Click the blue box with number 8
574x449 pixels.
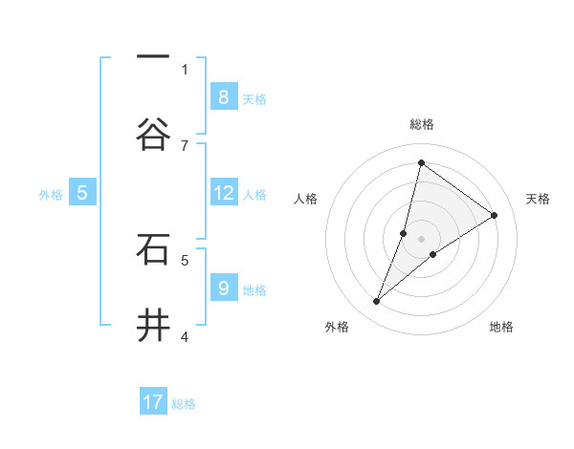pyautogui.click(x=223, y=96)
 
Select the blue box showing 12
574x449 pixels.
pyautogui.click(x=223, y=193)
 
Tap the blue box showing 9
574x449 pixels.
pyautogui.click(x=223, y=288)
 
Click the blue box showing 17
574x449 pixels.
pyautogui.click(x=153, y=402)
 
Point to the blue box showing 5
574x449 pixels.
pyautogui.click(x=82, y=193)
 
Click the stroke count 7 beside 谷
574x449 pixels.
pyautogui.click(x=185, y=145)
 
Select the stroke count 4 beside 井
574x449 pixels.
pyautogui.click(x=185, y=336)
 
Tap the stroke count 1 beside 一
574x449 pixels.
pyautogui.click(x=185, y=69)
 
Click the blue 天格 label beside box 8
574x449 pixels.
pyautogui.click(x=254, y=98)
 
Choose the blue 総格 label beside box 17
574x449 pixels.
pyautogui.click(x=184, y=404)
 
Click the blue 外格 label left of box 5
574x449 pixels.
pyautogui.click(x=51, y=195)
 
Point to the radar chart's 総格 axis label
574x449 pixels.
pyautogui.click(x=421, y=124)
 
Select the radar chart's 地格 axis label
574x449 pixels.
pyautogui.click(x=501, y=327)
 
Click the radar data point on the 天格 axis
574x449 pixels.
pyautogui.click(x=495, y=215)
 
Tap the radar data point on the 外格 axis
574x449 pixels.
pyautogui.click(x=377, y=302)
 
